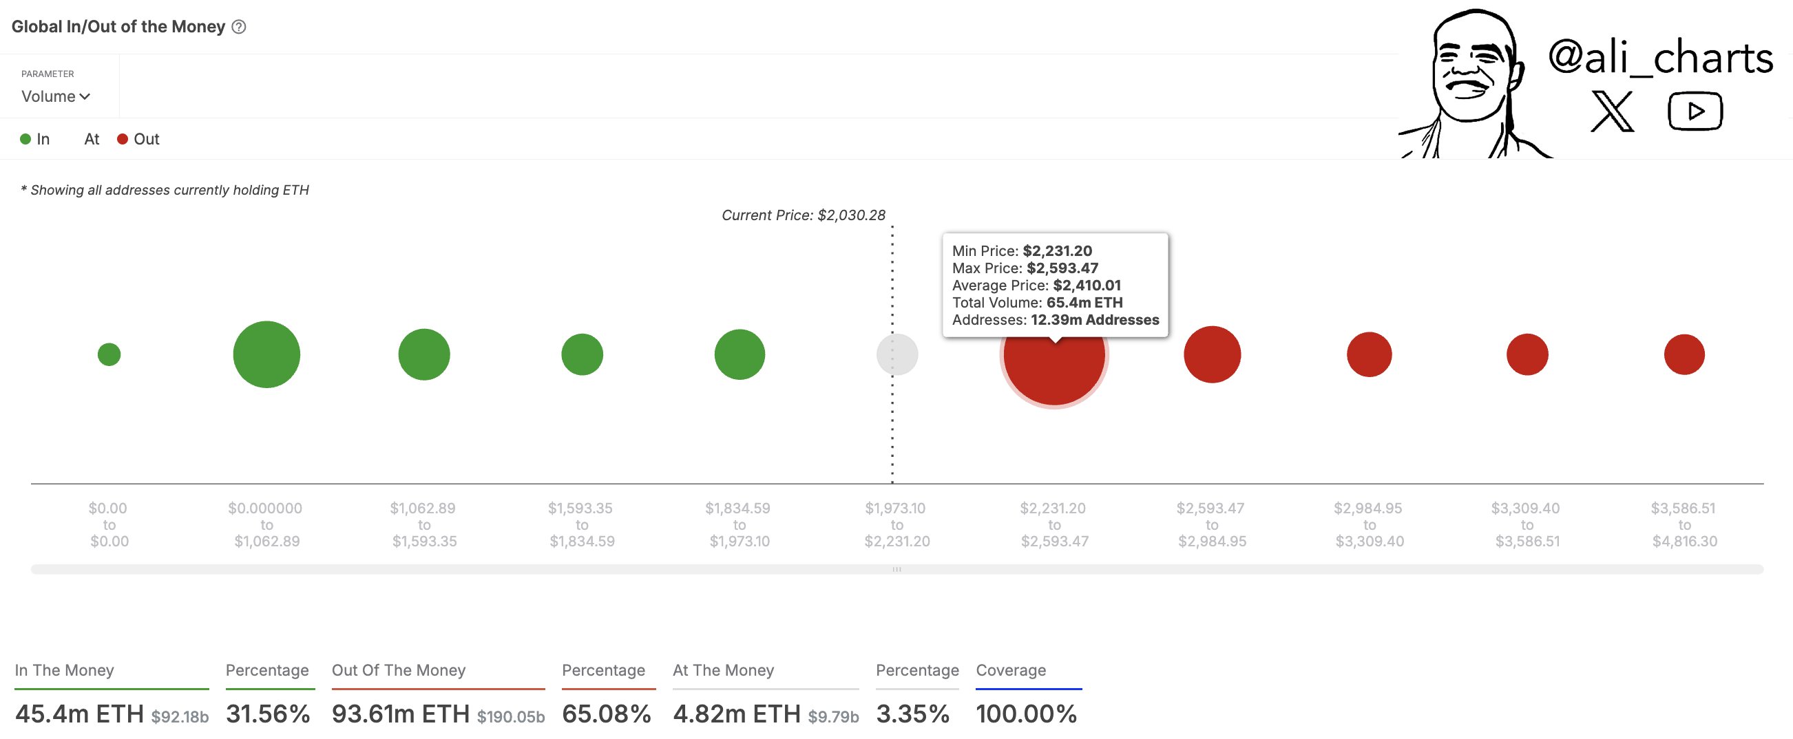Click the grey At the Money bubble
[x=896, y=354]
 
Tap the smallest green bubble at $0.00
[x=109, y=354]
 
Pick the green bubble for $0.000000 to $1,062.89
[x=266, y=354]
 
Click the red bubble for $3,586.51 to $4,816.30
[x=1684, y=354]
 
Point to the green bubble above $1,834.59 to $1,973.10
[x=740, y=354]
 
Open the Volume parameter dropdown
[x=56, y=97]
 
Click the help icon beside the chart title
[x=239, y=27]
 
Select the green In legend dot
[x=25, y=139]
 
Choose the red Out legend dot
[x=123, y=139]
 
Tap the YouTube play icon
[x=1695, y=111]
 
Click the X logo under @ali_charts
[x=1611, y=111]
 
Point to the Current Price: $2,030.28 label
[x=804, y=215]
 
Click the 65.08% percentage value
[x=606, y=714]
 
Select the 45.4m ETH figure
[x=79, y=714]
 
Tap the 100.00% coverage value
[x=1026, y=714]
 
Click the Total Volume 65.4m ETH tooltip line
[x=1037, y=303]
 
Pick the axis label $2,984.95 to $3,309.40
[x=1369, y=525]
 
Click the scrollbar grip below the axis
[x=896, y=569]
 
